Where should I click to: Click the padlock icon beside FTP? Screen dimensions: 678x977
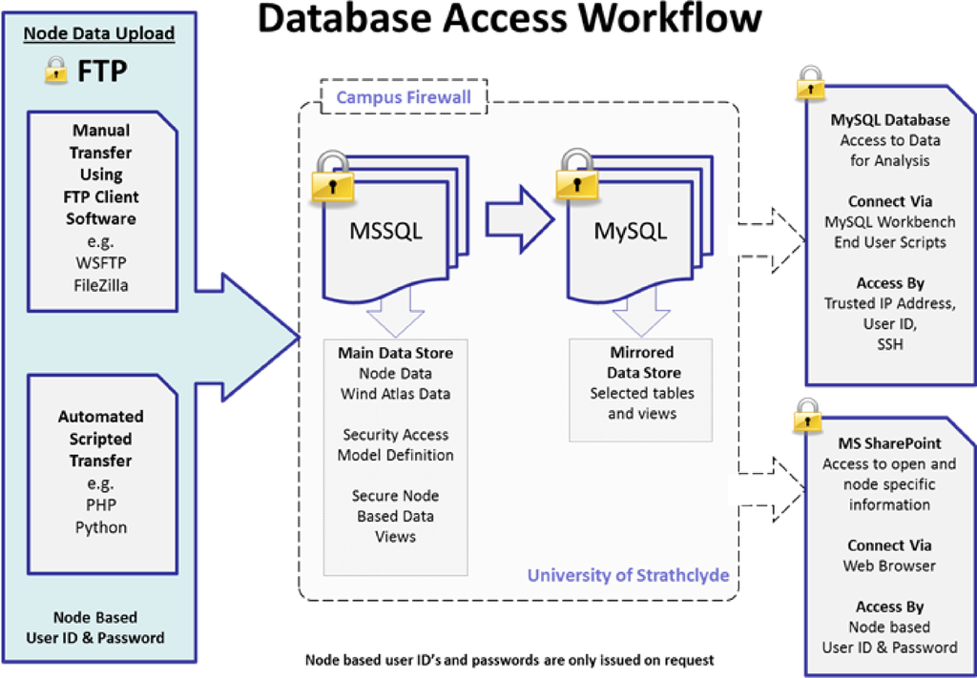[57, 69]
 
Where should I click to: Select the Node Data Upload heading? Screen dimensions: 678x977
[99, 33]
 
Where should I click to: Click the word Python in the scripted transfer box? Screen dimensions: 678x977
[101, 527]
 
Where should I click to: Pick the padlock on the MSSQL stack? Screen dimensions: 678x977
[329, 177]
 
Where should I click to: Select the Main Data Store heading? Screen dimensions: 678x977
[395, 353]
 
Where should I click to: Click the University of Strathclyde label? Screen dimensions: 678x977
[628, 576]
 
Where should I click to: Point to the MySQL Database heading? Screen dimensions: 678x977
[890, 120]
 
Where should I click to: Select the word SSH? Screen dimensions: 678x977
[889, 344]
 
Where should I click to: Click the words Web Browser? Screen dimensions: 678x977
[889, 565]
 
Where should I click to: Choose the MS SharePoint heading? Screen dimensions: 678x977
[889, 443]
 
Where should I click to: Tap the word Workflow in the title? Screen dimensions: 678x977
[650, 21]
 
